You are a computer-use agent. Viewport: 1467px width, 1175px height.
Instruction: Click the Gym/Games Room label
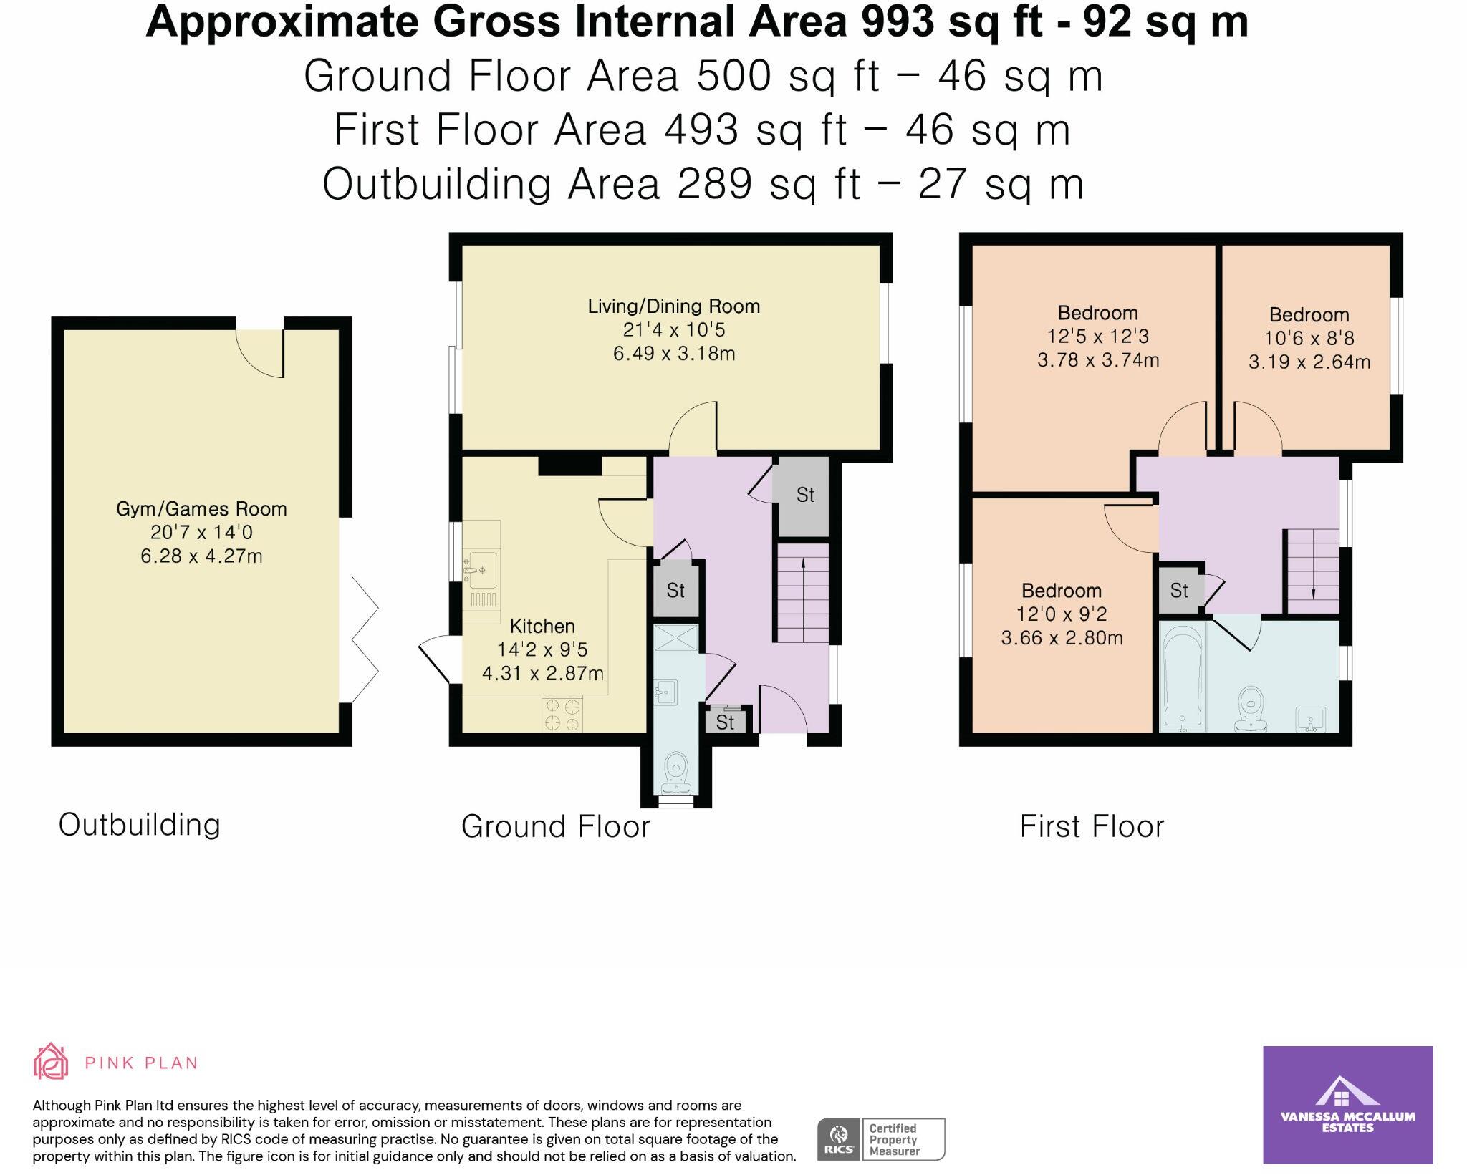201,509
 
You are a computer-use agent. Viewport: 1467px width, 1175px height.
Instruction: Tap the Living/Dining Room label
673,306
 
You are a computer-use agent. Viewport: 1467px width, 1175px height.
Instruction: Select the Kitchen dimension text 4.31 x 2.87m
542,674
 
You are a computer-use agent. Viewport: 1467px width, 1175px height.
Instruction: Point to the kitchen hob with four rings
562,715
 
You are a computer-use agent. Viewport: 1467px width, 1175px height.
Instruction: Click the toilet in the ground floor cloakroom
675,772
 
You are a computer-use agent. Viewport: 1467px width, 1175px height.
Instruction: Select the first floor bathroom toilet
1251,708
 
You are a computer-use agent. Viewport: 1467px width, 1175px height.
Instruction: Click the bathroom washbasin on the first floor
1310,718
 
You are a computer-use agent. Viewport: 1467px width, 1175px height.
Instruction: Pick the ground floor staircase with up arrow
802,593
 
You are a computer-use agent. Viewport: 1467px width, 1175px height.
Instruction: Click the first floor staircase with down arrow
1313,571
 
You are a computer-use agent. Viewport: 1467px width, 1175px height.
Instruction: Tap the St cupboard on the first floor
1179,591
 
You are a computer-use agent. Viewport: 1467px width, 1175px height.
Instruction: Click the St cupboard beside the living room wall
805,495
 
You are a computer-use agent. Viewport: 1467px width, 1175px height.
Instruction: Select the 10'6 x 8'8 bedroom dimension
1309,339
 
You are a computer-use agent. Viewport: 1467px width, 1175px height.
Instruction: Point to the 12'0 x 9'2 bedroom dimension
1061,614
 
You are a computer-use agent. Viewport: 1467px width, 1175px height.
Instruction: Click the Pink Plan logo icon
51,1062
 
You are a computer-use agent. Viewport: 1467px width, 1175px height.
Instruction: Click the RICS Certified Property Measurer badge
880,1139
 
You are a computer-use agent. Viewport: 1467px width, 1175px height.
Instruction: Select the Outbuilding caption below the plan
139,825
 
